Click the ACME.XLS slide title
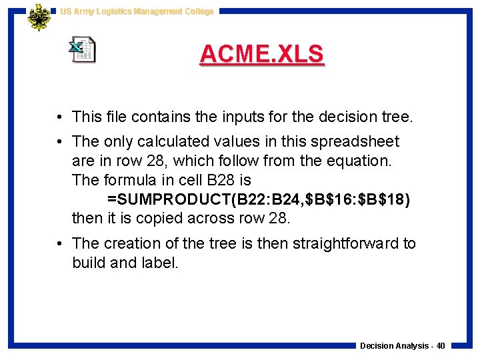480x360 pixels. pos(261,54)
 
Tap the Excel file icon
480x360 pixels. pos(83,51)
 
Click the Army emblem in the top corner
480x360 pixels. pos(39,18)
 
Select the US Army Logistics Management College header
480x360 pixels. pos(137,11)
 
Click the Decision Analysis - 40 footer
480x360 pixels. pos(403,345)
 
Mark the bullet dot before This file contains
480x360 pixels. pos(60,118)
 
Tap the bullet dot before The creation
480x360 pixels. pos(60,244)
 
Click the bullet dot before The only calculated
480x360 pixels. pos(60,142)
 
